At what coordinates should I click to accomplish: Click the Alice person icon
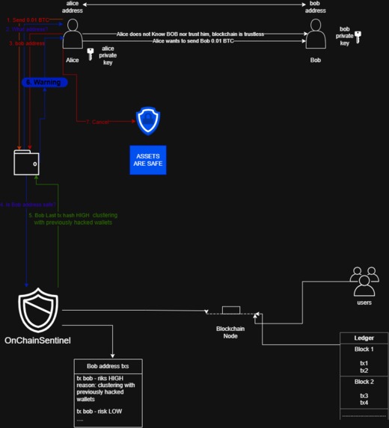[x=72, y=34]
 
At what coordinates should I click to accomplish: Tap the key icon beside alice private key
[x=90, y=53]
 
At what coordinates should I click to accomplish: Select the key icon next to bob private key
[x=358, y=36]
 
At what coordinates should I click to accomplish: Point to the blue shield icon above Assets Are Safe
[x=147, y=120]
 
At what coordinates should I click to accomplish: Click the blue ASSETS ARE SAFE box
[x=147, y=159]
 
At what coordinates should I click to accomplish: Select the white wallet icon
[x=27, y=162]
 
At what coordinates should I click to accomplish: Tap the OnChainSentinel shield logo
[x=38, y=312]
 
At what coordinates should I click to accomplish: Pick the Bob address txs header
[x=108, y=366]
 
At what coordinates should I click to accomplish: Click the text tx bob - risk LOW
[x=100, y=412]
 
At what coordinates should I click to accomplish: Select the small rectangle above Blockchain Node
[x=230, y=310]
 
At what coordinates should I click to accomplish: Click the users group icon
[x=364, y=282]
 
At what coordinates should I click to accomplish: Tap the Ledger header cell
[x=364, y=338]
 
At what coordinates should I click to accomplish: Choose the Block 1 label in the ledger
[x=364, y=349]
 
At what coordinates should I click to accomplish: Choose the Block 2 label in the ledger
[x=364, y=382]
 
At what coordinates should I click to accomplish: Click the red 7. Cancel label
[x=97, y=122]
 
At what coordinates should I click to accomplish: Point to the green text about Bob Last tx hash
[x=73, y=218]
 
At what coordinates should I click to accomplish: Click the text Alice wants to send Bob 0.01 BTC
[x=193, y=40]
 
